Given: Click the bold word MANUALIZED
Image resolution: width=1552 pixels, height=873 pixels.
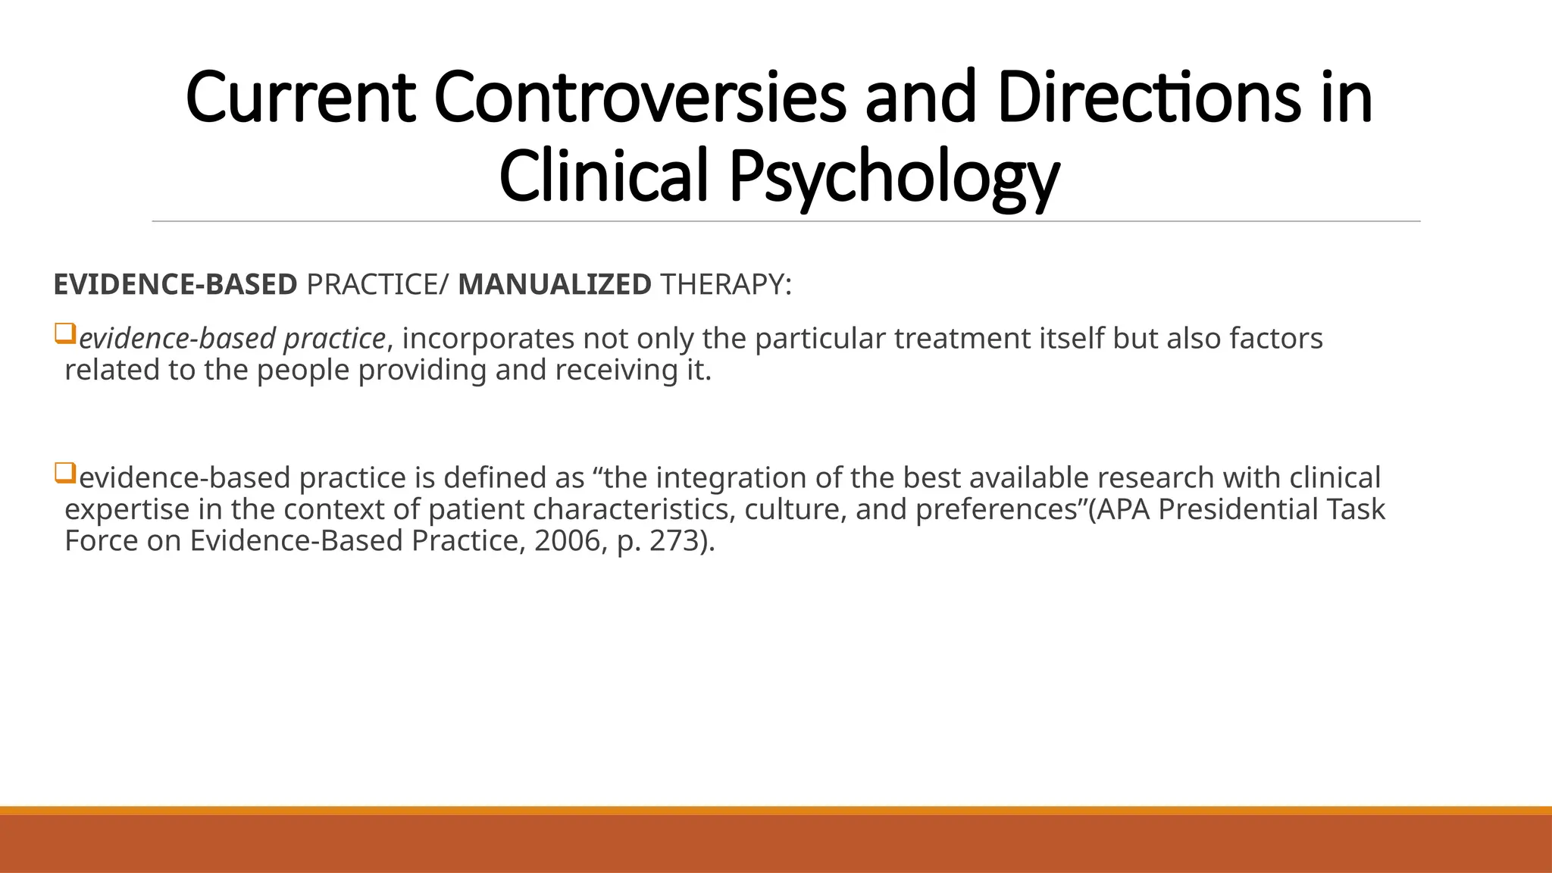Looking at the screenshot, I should pos(555,285).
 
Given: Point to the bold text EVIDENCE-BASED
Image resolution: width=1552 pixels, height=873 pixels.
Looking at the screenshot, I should pos(175,285).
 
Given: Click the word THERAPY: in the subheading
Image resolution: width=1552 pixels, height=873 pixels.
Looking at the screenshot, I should pos(726,285).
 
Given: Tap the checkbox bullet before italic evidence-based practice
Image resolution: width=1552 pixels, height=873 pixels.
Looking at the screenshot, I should pos(65,333).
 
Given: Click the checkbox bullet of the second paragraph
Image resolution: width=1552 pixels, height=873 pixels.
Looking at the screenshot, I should pos(65,474).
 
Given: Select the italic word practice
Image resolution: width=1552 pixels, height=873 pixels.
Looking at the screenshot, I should pos(334,339).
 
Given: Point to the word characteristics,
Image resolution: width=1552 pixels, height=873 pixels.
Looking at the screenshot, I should pos(634,509).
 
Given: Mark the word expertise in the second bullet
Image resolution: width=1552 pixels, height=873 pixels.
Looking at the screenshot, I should pos(127,509).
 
